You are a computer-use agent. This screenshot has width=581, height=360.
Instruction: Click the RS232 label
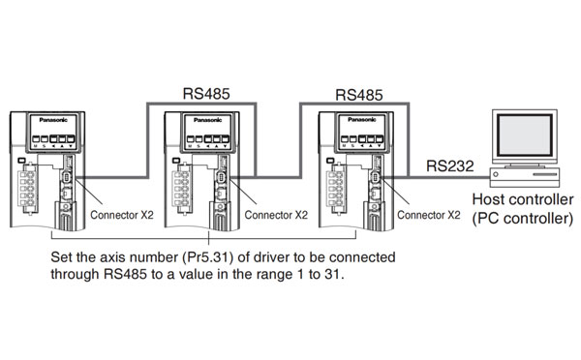449,165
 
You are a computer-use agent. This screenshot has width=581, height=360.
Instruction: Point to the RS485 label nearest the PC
358,95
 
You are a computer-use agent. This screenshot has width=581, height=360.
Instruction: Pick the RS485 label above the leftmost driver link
206,95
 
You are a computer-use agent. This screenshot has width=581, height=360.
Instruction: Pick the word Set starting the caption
64,258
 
